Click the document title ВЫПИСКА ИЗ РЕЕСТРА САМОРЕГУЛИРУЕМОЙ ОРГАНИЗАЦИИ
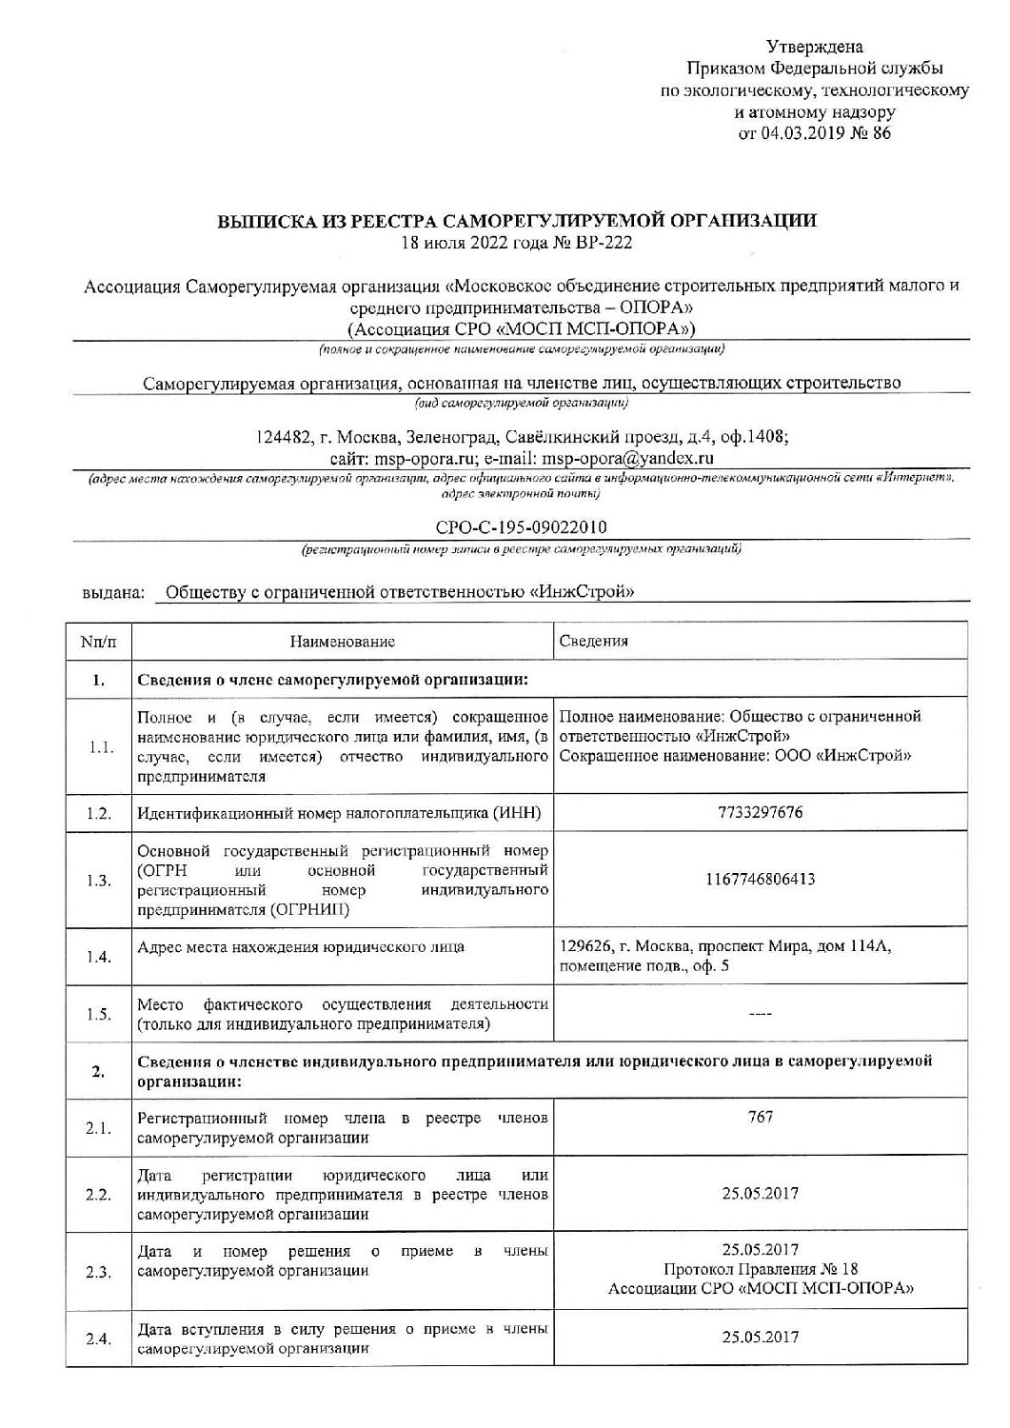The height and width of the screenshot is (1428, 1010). pos(517,221)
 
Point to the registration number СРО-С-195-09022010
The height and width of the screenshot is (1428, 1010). pos(521,527)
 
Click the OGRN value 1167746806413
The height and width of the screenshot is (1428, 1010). pos(760,879)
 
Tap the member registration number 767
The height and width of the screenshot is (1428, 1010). pos(760,1118)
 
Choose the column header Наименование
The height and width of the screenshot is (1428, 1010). pos(342,642)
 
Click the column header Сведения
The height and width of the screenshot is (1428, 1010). pos(594,641)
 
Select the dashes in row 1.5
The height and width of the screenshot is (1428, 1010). pos(760,1015)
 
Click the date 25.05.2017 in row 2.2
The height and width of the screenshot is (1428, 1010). pos(760,1194)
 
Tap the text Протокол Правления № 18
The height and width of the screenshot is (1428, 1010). pos(760,1269)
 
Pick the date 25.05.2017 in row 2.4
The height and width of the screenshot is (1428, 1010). pos(760,1338)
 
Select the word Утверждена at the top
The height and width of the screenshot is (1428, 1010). pos(815,47)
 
